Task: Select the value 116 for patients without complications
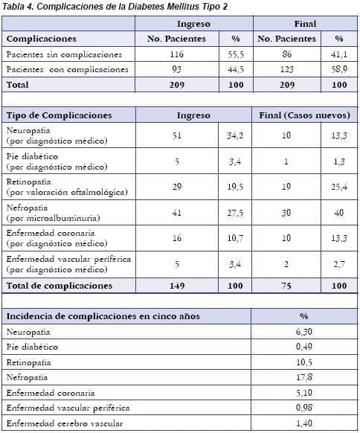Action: (176, 54)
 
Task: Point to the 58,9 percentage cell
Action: (338, 69)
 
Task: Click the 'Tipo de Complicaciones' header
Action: (59, 115)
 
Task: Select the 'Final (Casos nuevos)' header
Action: (306, 115)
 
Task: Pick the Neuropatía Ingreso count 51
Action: (176, 135)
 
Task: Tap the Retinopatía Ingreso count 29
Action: (176, 186)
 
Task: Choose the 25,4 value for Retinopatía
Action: (338, 186)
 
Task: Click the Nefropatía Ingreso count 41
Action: (176, 212)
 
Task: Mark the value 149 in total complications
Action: (176, 285)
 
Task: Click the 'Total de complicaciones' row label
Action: (59, 285)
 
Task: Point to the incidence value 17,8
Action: (303, 376)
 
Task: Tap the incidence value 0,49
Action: (303, 346)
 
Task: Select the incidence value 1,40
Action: (303, 423)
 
